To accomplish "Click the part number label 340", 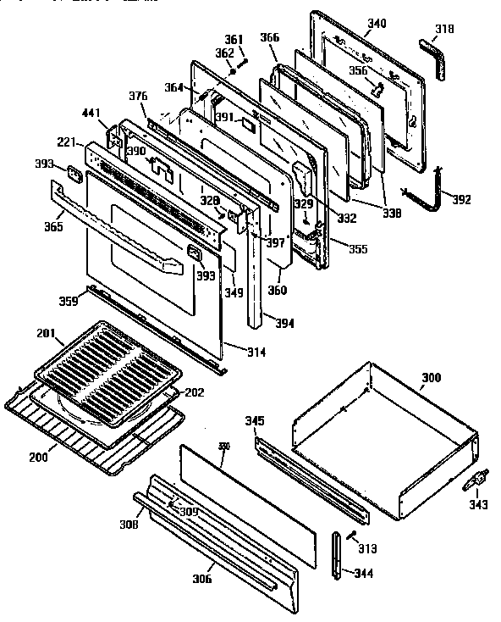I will pos(377,23).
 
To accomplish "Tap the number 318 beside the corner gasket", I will pos(443,30).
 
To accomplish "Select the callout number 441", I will pos(91,113).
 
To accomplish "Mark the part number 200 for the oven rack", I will pos(38,457).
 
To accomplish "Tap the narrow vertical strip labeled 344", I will pos(338,556).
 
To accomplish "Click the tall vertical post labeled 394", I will pos(255,271).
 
